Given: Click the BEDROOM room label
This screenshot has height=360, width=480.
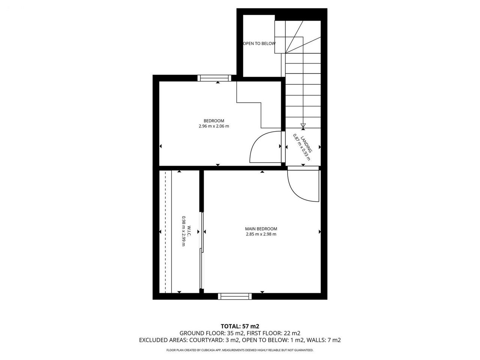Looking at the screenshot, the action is point(214,121).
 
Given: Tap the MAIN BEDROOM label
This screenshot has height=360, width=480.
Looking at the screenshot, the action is point(261,229).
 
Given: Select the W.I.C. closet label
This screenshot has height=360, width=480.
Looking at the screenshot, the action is point(189,231).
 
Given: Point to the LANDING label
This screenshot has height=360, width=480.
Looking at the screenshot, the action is point(306,144).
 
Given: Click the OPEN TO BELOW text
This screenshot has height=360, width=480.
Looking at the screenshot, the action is point(259,43).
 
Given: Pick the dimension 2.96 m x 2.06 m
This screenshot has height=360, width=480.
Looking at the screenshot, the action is point(214,126).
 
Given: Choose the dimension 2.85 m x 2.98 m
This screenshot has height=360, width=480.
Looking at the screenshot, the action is point(261,234).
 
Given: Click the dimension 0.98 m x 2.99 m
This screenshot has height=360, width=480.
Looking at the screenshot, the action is point(184,231).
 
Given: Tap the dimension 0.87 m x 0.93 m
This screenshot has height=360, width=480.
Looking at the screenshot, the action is point(301,147).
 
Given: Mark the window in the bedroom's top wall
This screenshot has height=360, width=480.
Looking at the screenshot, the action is point(214,78).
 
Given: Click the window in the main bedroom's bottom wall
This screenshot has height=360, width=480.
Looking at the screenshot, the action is point(235,296).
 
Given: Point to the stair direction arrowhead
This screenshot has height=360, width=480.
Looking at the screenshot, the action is point(303,126).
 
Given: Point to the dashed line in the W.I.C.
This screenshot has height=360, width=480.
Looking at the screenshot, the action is point(165,232).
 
